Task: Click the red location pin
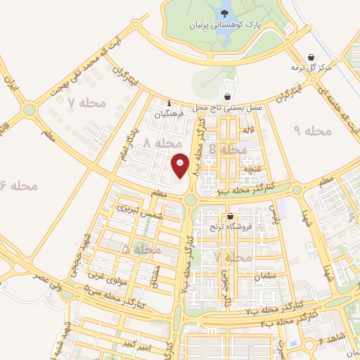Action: [181, 165]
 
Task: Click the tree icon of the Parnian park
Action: [224, 11]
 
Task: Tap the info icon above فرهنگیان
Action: [169, 103]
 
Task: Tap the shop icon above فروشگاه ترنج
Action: [230, 217]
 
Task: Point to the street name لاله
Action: [245, 131]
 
